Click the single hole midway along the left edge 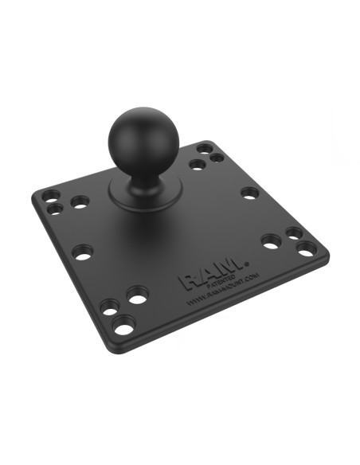[82, 252]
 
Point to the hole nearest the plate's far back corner [205, 148]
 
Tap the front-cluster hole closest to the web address [138, 299]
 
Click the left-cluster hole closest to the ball [80, 203]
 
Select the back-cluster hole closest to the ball [195, 166]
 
